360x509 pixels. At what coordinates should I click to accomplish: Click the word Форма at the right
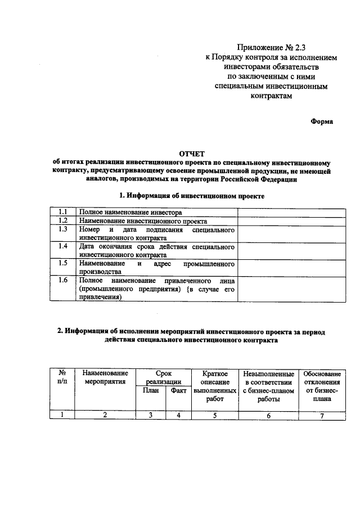coord(322,121)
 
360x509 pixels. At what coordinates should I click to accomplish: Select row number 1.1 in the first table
coord(63,213)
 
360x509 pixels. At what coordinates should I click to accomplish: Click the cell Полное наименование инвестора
coord(130,213)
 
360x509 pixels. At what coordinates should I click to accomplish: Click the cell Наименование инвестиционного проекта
coord(136,220)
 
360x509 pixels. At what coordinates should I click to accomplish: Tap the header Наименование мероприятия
coord(105,377)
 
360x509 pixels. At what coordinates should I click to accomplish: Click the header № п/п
coord(63,377)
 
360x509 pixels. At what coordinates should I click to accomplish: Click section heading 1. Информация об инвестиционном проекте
coord(192,196)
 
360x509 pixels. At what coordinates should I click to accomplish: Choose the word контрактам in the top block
coord(272,96)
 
